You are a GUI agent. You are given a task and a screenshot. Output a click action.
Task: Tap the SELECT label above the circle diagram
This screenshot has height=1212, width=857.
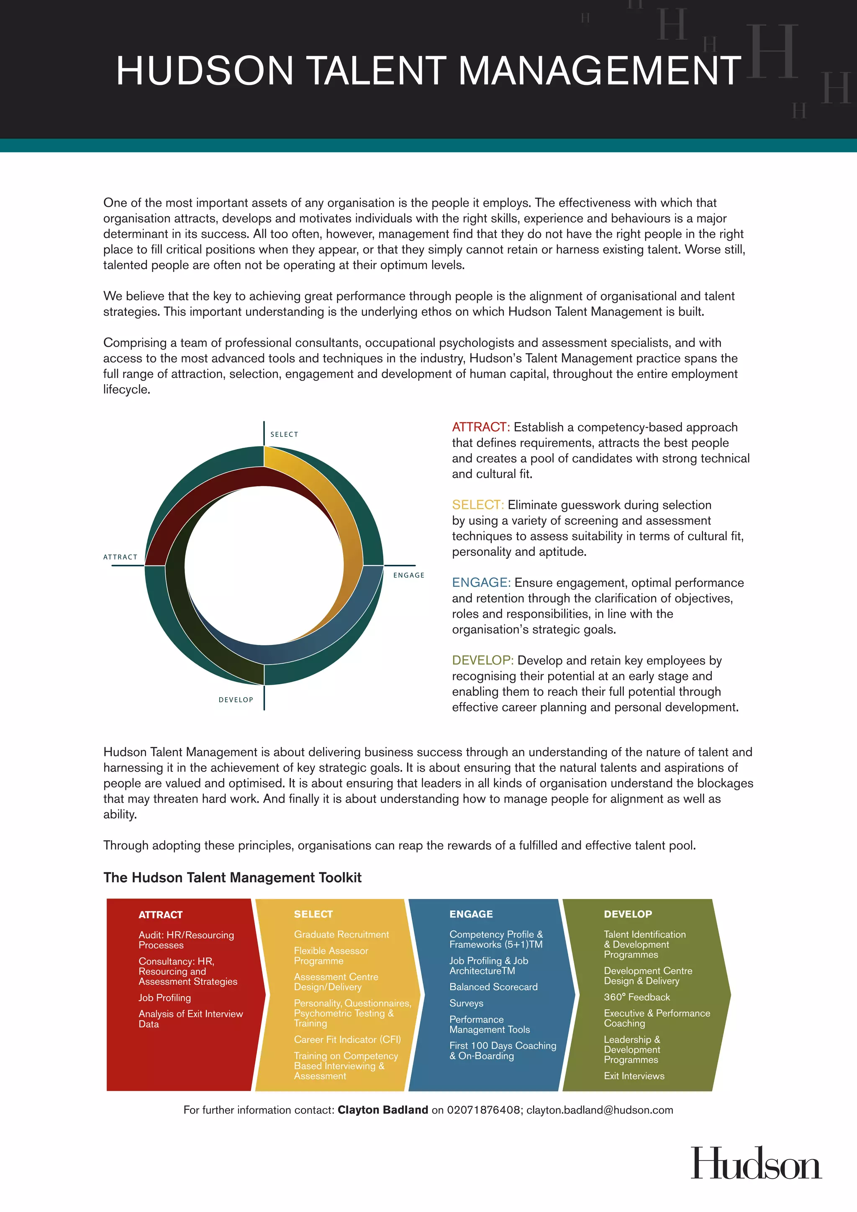284,434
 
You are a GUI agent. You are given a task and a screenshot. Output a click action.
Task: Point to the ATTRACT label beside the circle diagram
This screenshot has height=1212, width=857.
121,557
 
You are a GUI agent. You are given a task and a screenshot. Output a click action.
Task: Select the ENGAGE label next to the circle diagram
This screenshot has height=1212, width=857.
408,575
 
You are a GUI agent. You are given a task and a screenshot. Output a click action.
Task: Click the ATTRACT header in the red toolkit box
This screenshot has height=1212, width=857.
160,915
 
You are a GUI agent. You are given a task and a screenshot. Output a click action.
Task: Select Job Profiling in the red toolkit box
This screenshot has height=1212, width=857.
164,998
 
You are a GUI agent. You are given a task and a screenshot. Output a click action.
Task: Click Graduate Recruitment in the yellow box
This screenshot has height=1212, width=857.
341,935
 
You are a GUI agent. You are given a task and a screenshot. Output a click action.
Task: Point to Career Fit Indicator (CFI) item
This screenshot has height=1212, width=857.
347,1040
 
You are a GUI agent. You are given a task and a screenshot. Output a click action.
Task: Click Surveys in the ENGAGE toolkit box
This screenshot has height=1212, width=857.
466,1003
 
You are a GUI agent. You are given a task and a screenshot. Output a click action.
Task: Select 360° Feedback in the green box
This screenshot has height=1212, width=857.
636,997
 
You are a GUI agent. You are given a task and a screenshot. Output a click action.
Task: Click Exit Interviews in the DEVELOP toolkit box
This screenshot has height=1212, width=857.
634,1076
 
